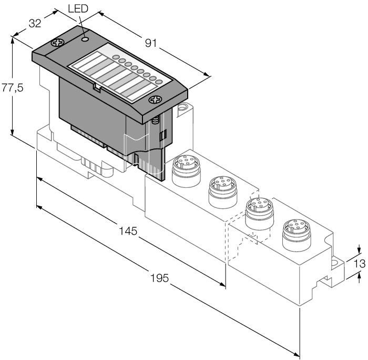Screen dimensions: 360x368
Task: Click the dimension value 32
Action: point(34,24)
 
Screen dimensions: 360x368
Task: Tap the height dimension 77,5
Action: point(12,88)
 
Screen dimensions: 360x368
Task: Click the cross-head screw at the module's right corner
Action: point(155,99)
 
